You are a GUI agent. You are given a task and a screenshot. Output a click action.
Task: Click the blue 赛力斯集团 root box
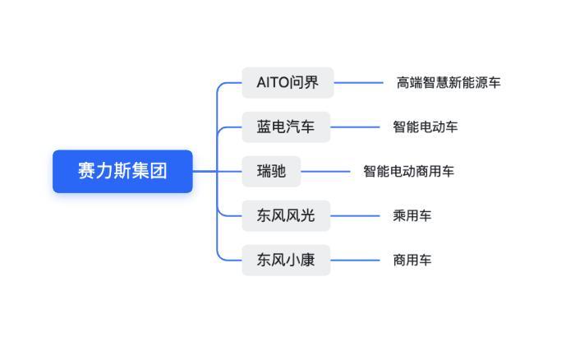click(x=122, y=171)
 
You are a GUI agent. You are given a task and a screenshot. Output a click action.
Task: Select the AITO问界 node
click(x=288, y=82)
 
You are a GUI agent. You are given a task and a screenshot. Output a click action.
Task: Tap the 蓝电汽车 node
click(x=286, y=127)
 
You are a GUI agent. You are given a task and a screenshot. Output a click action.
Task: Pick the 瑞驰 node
click(x=271, y=171)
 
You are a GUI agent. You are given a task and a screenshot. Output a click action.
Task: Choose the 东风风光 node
click(x=286, y=215)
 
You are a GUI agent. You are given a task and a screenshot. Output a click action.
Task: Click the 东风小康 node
click(x=286, y=260)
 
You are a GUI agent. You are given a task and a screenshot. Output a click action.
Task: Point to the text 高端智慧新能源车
click(x=449, y=82)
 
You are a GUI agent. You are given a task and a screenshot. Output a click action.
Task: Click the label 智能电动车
click(x=425, y=127)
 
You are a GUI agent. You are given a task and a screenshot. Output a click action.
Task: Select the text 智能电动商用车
click(x=408, y=171)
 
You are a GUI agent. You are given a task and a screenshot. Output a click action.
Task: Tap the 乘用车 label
click(x=412, y=215)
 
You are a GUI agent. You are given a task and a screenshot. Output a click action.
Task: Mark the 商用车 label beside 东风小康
click(x=412, y=260)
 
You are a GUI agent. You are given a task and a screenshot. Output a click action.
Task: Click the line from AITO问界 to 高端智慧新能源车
click(x=358, y=82)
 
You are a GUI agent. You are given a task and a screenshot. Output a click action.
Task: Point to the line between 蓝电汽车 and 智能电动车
click(x=355, y=127)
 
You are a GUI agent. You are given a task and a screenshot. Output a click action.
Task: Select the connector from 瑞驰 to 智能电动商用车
click(x=325, y=171)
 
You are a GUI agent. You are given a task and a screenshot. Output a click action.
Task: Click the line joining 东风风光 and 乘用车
click(x=355, y=215)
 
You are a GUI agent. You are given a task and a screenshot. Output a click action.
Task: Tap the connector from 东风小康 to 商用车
click(x=355, y=260)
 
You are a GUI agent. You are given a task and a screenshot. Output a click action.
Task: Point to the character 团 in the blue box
click(x=159, y=171)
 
